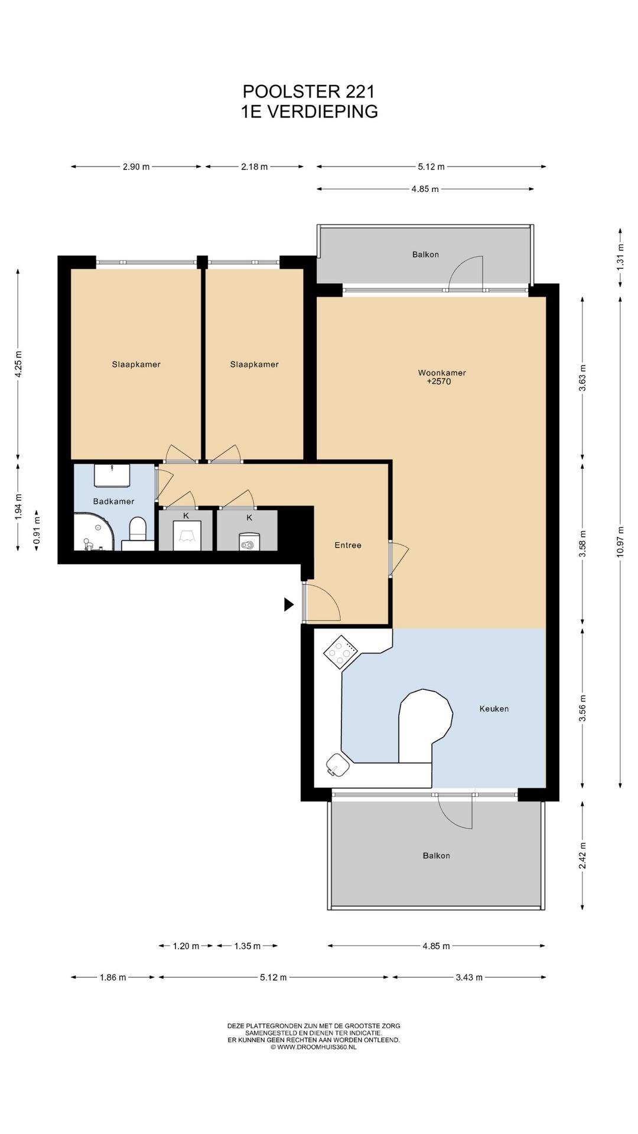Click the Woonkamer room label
(441, 373)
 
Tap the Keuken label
(494, 709)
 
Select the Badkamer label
(113, 501)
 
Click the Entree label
(347, 545)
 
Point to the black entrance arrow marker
(288, 604)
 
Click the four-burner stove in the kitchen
(340, 652)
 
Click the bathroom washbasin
(112, 475)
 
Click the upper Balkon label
(425, 255)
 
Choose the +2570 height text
(439, 382)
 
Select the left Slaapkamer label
(136, 364)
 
